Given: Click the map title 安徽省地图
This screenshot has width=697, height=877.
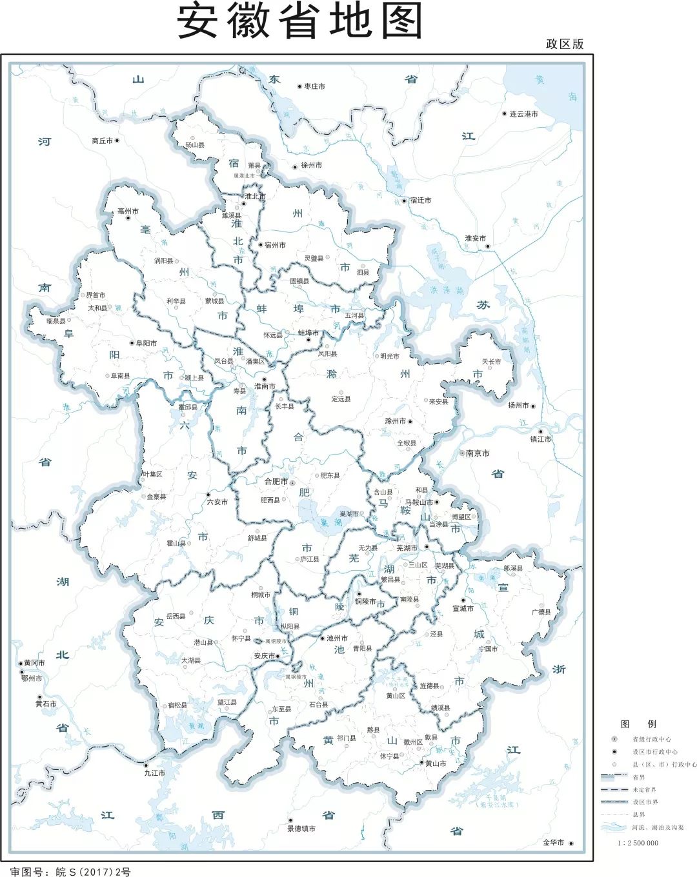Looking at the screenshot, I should point(299,20).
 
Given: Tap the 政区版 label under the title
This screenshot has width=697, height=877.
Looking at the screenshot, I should point(564,44).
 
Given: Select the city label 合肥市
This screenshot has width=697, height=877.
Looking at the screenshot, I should point(276,482).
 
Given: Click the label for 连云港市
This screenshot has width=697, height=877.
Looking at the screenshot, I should point(523,114).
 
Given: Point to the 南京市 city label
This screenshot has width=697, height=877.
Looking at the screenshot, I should point(478,453).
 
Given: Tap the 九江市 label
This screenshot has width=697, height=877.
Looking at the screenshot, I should point(154,773).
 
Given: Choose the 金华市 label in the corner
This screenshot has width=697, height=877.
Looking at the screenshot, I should point(553,843).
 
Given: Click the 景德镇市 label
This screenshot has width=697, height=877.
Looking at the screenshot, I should point(301,829).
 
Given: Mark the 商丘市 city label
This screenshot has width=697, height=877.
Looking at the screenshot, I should point(102,141).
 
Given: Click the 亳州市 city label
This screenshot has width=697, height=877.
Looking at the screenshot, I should point(128,212).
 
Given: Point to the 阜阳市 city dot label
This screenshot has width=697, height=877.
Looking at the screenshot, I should point(146,343).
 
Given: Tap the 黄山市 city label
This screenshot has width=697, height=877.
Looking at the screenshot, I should point(435,764).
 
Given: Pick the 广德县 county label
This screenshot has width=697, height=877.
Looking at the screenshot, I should point(541,612).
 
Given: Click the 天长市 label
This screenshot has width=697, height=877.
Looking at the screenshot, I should point(491,362).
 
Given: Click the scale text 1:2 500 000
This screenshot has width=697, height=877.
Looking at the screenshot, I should point(638,843).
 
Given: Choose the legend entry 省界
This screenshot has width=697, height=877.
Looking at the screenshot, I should point(638,777).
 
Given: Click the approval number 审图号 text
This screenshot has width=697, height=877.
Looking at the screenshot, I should point(70,872).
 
